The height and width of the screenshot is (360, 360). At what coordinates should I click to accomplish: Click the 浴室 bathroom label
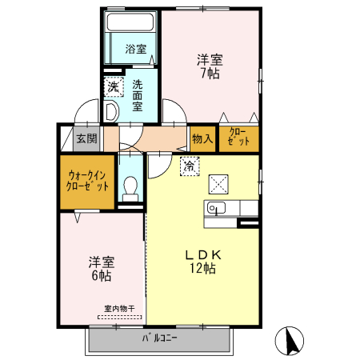pos(136,49)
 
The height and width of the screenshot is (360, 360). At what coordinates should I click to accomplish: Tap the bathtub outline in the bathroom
pos(133,24)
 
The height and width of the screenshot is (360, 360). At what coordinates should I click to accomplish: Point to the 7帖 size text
pos(210,74)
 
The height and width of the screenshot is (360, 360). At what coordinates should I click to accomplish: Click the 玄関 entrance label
pos(86,138)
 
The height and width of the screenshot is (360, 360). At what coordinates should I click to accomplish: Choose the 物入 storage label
pos(202,138)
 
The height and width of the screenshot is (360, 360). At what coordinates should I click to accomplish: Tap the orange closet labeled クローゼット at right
pos(239,138)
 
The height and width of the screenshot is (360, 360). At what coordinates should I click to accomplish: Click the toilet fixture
pos(131,188)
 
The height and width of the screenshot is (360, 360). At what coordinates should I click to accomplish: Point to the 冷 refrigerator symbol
pos(189,167)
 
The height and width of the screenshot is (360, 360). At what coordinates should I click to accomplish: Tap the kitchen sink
pos(218,209)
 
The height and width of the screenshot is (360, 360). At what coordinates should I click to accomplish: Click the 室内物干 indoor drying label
pos(118,308)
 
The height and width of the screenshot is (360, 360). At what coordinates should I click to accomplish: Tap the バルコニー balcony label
pos(160,337)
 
